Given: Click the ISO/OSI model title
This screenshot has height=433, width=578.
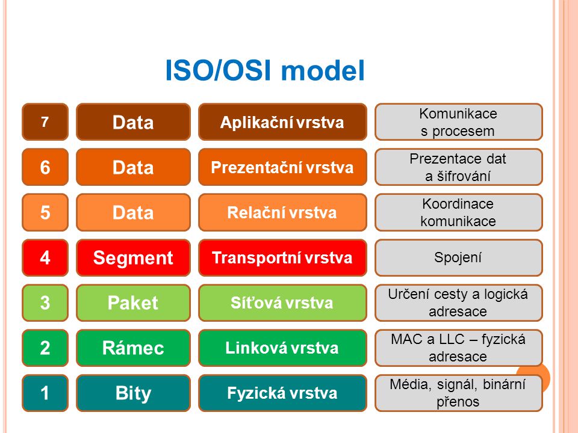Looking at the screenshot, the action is [265, 70].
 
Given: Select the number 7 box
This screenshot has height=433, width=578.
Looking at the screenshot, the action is [45, 122].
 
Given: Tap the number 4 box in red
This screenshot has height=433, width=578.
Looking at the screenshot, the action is [45, 257].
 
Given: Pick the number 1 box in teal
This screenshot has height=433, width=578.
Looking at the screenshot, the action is [45, 393].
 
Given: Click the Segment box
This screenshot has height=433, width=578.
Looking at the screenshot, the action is [133, 257].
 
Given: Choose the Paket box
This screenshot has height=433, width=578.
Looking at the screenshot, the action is [133, 302].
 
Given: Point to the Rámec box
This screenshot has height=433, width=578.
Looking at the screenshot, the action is [133, 348].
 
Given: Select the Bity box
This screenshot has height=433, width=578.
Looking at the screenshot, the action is [133, 393].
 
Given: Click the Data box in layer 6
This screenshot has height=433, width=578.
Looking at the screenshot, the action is [133, 167].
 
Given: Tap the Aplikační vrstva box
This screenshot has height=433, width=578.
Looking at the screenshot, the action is [282, 122].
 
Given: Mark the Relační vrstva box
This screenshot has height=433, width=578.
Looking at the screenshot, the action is [282, 212].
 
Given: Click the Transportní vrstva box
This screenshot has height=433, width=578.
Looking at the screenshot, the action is [282, 257].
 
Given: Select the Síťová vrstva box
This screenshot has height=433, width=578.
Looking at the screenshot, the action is [282, 302].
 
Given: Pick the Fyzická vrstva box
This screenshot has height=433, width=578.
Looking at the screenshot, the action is [282, 393].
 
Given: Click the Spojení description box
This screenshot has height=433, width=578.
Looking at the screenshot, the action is [459, 257].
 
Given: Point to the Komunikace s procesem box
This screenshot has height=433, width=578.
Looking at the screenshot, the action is [459, 122].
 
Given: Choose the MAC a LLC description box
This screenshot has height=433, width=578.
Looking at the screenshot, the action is [459, 348].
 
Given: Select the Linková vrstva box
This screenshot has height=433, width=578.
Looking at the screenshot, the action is [282, 348].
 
